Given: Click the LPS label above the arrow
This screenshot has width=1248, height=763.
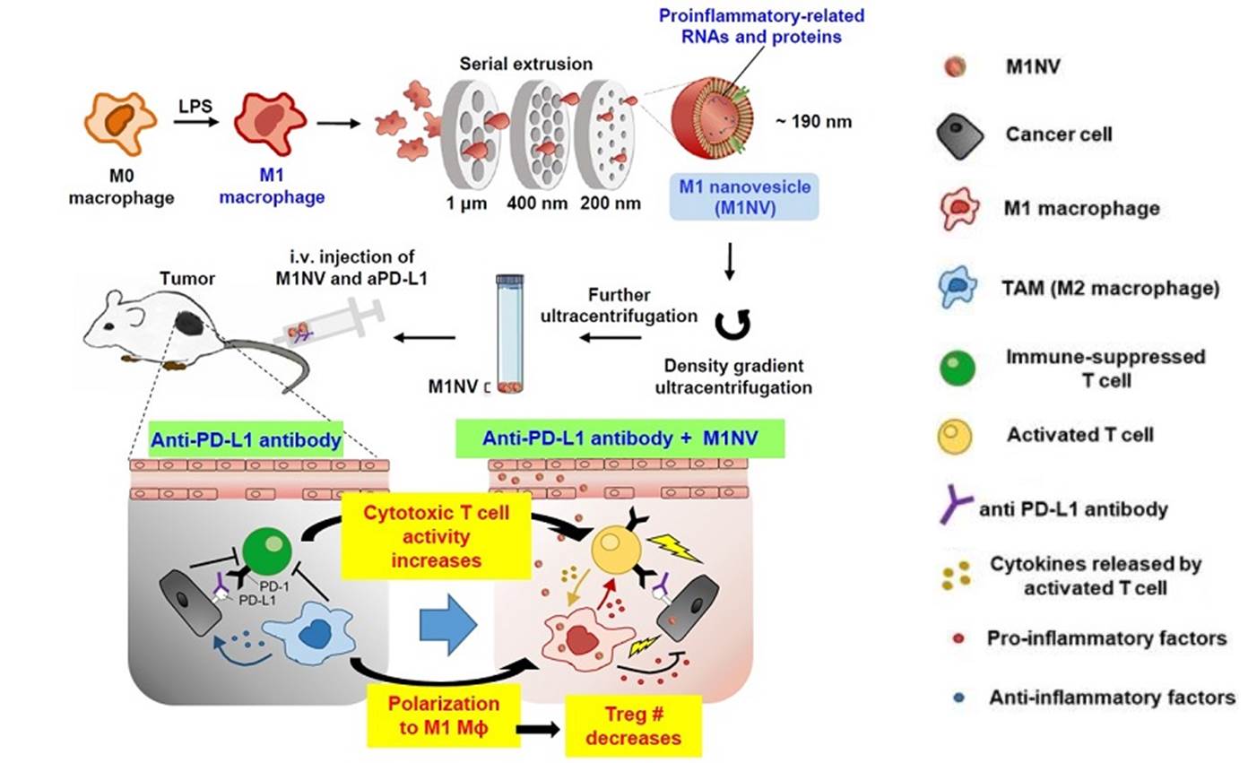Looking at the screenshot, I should pyautogui.click(x=199, y=106).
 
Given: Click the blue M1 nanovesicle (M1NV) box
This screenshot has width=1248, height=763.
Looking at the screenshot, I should pyautogui.click(x=744, y=196).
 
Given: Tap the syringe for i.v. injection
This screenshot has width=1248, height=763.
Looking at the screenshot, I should pyautogui.click(x=332, y=325).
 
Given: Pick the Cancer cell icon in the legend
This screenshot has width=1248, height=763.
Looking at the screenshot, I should pyautogui.click(x=957, y=136).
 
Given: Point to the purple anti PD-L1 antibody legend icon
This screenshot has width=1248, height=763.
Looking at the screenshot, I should pyautogui.click(x=958, y=508).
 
